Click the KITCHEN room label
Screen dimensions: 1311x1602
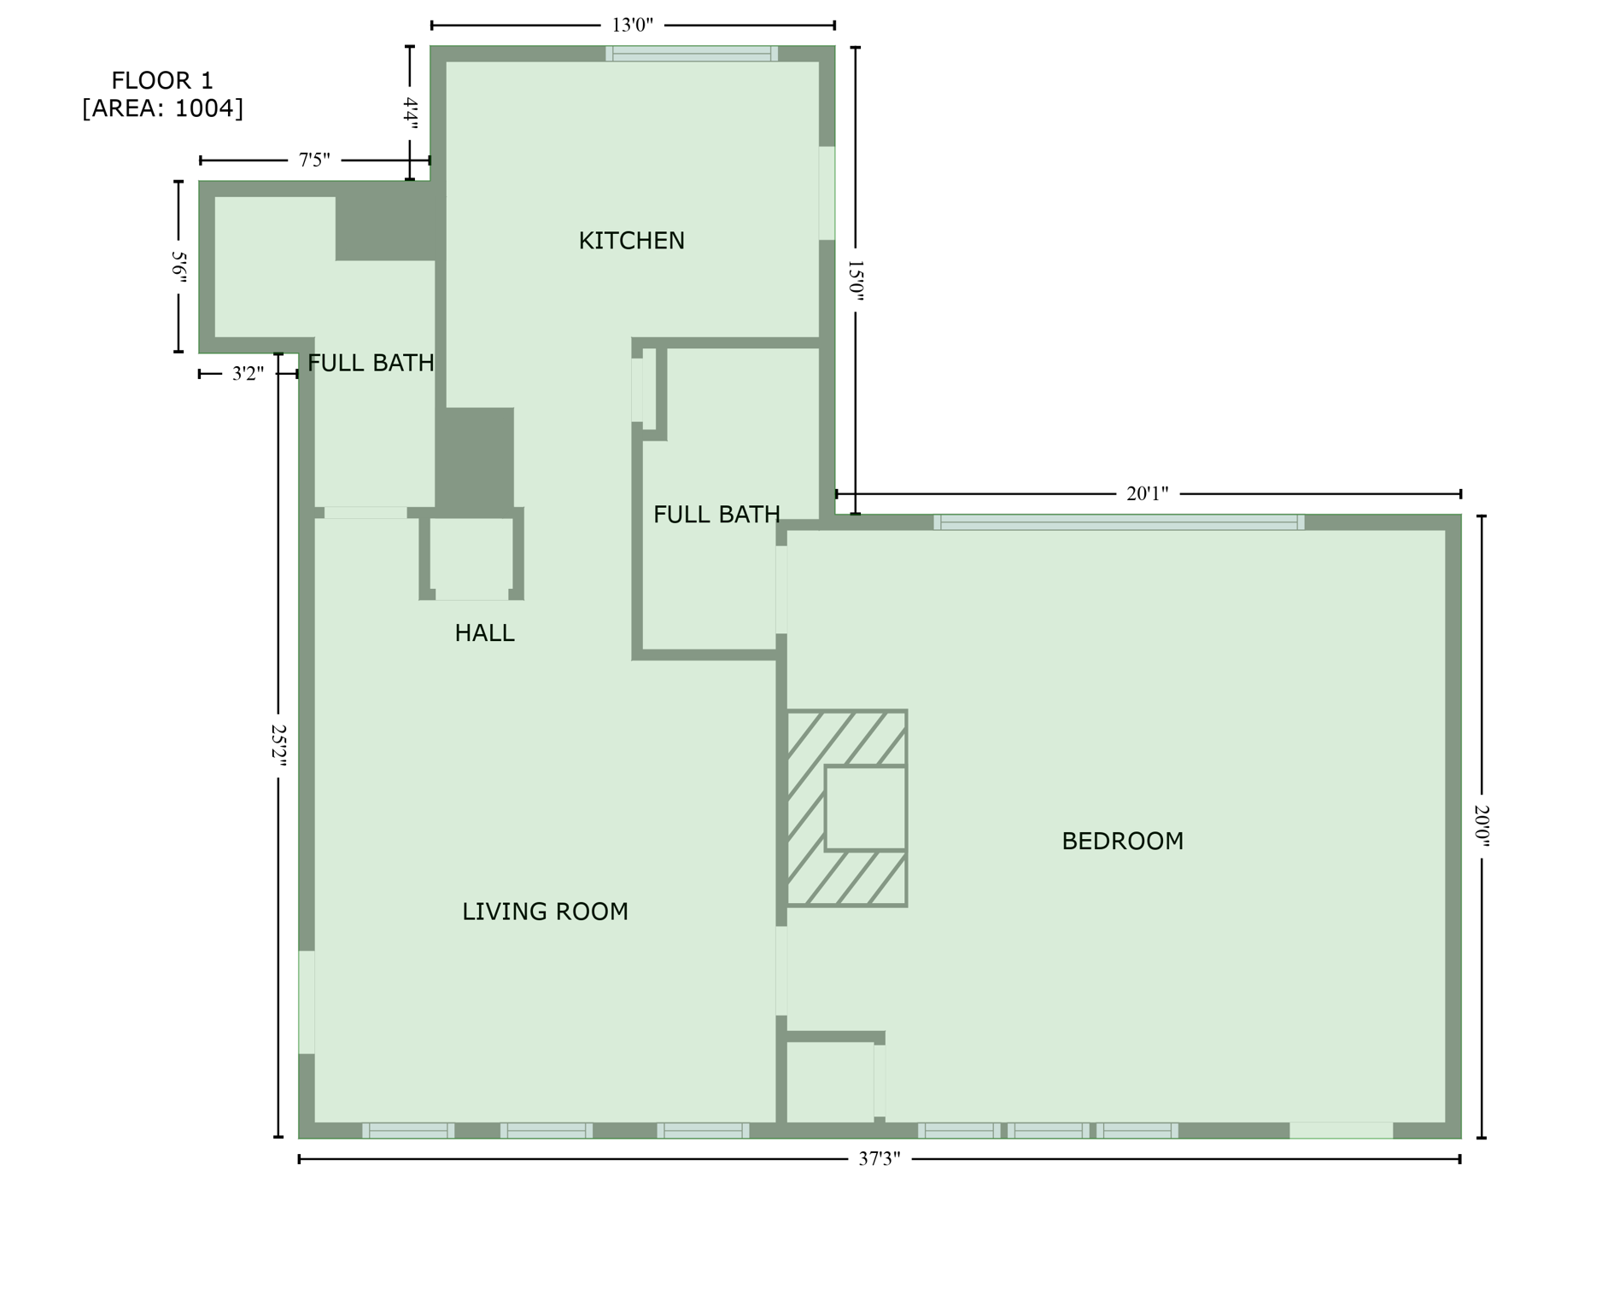[631, 241]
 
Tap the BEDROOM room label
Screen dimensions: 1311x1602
[1122, 841]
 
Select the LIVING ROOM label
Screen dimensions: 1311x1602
[545, 912]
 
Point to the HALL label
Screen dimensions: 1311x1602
[484, 633]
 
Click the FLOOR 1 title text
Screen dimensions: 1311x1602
[162, 81]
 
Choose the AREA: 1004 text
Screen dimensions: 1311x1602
[162, 108]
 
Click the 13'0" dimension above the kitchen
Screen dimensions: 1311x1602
[632, 25]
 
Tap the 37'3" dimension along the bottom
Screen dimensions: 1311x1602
[879, 1159]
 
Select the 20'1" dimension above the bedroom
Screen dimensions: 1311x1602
[1147, 493]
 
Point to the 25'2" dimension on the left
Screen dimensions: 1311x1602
[278, 745]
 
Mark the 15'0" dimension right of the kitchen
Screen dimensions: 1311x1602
[856, 281]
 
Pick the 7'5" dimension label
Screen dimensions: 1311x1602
[313, 160]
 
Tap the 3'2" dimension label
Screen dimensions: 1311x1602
[248, 374]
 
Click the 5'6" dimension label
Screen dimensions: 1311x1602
[178, 266]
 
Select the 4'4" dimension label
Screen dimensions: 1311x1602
[410, 113]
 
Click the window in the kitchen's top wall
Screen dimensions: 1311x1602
[692, 54]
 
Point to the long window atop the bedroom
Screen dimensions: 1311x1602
[1119, 522]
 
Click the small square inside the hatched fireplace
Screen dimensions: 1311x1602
[865, 807]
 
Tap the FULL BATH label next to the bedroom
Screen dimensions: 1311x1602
[716, 515]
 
